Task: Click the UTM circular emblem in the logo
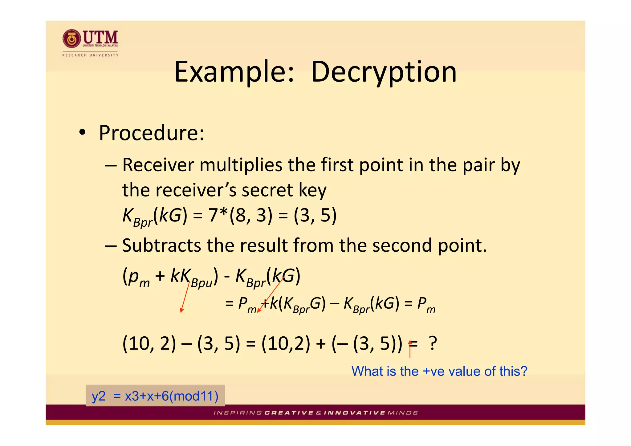(72, 39)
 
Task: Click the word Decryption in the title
(384, 72)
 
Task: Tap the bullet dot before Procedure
(82, 133)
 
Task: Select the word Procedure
(151, 133)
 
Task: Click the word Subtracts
(161, 245)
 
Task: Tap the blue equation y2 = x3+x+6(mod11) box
(155, 395)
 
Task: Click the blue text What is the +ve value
(439, 371)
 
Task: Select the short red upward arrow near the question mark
(410, 349)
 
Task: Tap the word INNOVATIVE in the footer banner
(354, 413)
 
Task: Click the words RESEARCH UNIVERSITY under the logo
(90, 55)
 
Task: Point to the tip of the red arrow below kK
(181, 312)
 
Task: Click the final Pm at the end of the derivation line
(426, 304)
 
